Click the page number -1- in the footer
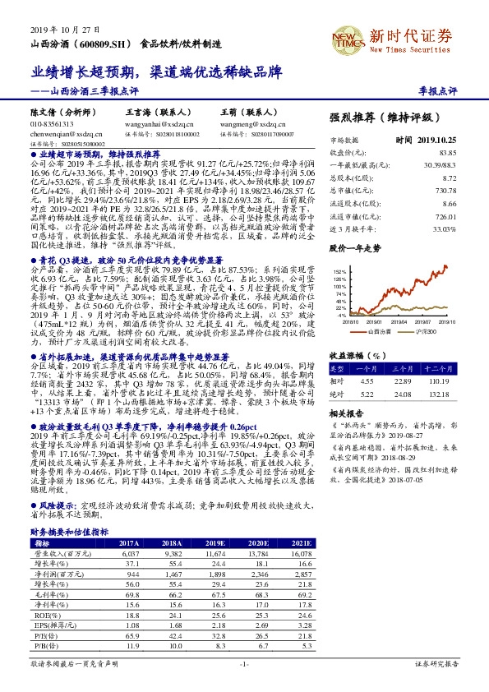pyautogui.click(x=244, y=684)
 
